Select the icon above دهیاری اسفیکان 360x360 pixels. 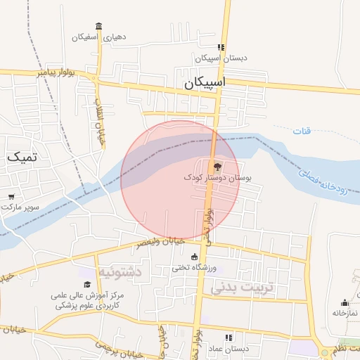[x=98, y=26]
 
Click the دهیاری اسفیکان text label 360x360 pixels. [x=99, y=37]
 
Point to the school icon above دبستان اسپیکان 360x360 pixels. [x=221, y=47]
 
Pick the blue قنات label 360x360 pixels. [x=302, y=131]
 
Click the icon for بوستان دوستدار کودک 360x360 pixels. [x=216, y=167]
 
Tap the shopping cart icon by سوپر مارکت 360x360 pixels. [x=11, y=197]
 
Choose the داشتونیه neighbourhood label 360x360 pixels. [x=120, y=271]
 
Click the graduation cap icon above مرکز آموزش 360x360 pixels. [x=87, y=284]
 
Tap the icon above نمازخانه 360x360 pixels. [x=344, y=303]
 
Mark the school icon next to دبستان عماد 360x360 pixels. [x=228, y=337]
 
